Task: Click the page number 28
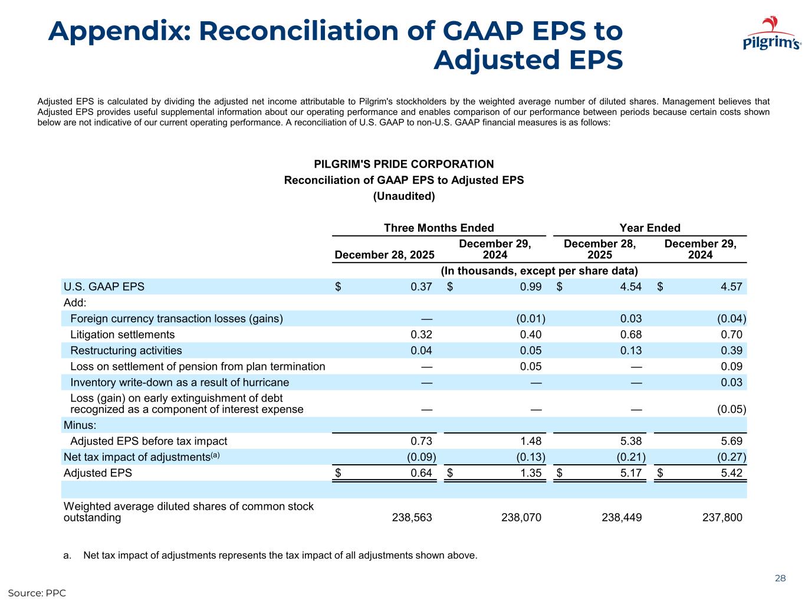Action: tap(780, 578)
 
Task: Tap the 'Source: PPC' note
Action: tap(37, 592)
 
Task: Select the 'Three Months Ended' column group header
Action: tap(439, 228)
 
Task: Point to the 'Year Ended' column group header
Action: tap(650, 228)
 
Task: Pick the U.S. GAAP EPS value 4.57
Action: tap(731, 287)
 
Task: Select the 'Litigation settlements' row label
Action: tap(122, 334)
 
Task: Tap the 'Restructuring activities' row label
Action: tap(126, 350)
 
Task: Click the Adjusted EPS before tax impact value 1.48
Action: tap(530, 441)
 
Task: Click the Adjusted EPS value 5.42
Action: tap(731, 472)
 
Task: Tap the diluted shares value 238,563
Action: tap(412, 517)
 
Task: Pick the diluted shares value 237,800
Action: tap(722, 517)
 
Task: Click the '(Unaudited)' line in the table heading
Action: tap(404, 196)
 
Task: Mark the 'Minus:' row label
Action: tap(80, 425)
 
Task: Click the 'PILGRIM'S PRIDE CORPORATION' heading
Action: tap(404, 164)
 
